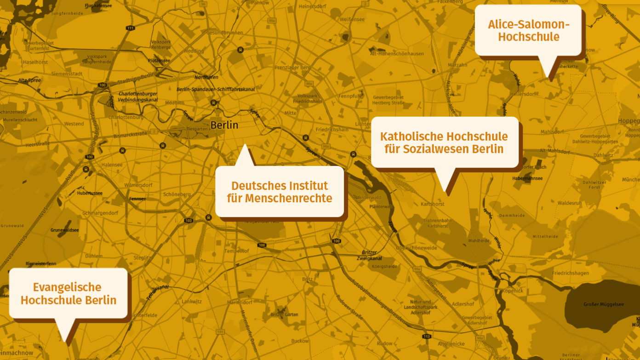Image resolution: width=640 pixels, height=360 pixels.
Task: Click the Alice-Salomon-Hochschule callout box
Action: [528, 30]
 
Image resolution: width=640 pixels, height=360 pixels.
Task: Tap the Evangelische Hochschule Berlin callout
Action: [68, 293]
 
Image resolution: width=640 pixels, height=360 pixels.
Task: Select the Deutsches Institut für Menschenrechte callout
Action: [280, 192]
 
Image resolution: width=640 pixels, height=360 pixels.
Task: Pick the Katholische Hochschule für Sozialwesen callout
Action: [444, 143]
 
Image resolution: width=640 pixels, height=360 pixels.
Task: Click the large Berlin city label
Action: [224, 125]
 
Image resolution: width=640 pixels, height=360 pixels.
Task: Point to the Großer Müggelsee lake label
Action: [603, 304]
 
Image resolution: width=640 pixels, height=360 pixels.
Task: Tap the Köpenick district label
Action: [513, 291]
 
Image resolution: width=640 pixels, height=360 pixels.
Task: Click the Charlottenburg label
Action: [126, 117]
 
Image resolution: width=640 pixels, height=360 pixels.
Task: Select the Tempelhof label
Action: [236, 251]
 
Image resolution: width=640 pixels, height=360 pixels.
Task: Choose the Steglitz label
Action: [142, 258]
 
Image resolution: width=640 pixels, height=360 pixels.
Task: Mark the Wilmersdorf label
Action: [138, 185]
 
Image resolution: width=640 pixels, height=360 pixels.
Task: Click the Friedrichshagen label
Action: [570, 273]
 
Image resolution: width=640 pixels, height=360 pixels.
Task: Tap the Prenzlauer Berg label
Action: [292, 68]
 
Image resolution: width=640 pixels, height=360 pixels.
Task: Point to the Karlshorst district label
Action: [432, 204]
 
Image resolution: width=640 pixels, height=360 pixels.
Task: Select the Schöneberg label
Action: [177, 194]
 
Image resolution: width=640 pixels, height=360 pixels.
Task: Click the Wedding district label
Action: [194, 51]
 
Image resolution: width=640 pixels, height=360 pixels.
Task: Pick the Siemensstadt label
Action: [67, 74]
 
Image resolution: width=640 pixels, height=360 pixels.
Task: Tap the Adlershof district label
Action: [463, 304]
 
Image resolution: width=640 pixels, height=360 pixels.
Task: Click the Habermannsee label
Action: [527, 178]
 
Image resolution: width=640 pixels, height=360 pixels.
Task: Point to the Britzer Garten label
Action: [284, 314]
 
